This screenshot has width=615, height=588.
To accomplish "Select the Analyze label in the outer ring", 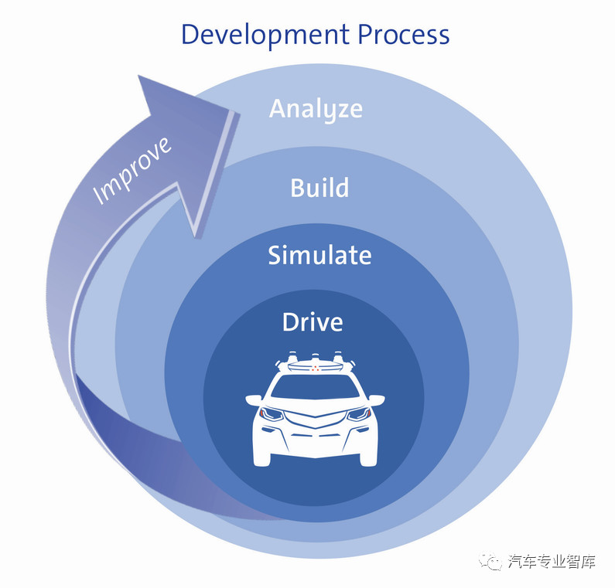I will click(316, 109).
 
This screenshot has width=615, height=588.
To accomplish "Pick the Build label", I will click(319, 188).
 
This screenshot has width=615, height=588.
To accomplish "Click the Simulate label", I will click(319, 255).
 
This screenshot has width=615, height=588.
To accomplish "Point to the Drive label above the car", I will click(313, 321).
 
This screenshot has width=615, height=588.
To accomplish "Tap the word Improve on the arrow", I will click(132, 171).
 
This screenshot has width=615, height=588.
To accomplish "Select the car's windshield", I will click(314, 386).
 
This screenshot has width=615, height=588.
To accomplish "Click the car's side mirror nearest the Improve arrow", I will click(254, 400).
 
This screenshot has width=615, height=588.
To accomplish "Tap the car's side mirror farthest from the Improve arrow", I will click(376, 400).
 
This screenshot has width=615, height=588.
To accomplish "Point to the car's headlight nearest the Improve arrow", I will click(272, 414).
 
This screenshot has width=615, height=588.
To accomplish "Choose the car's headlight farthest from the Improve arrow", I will click(357, 414).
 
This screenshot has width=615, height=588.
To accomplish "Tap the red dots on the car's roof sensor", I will click(315, 369).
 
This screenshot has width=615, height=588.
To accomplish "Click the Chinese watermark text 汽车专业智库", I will click(552, 563).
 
